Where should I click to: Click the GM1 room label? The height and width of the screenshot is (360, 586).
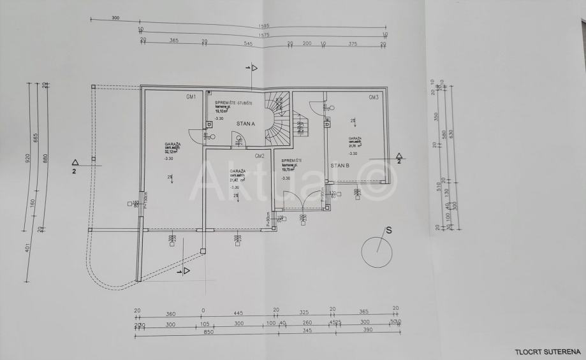click(x=190, y=97)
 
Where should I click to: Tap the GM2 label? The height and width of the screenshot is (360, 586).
click(x=259, y=156)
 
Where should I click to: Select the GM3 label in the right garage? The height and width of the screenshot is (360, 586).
click(x=374, y=97)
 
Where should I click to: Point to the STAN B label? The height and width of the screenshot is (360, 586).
click(x=339, y=166)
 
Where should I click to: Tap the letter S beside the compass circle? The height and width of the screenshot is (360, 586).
click(x=386, y=229)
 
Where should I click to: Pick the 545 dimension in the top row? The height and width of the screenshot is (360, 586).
click(x=249, y=43)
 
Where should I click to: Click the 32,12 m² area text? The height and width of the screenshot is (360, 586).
click(x=171, y=152)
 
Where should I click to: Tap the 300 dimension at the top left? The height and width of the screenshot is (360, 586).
click(x=115, y=18)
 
